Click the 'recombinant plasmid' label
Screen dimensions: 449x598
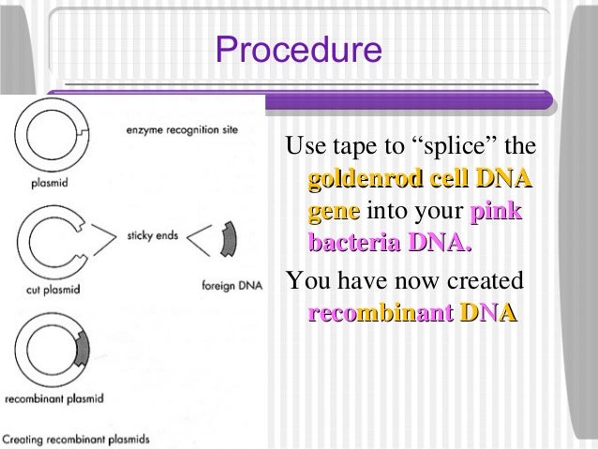(x=53, y=398)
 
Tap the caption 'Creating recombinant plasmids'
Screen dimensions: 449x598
(x=75, y=438)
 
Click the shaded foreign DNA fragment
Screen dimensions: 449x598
(x=227, y=241)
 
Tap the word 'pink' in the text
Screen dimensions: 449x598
(x=497, y=212)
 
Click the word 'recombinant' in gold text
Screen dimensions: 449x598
(x=380, y=313)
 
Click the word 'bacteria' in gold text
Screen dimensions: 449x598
(x=353, y=245)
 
